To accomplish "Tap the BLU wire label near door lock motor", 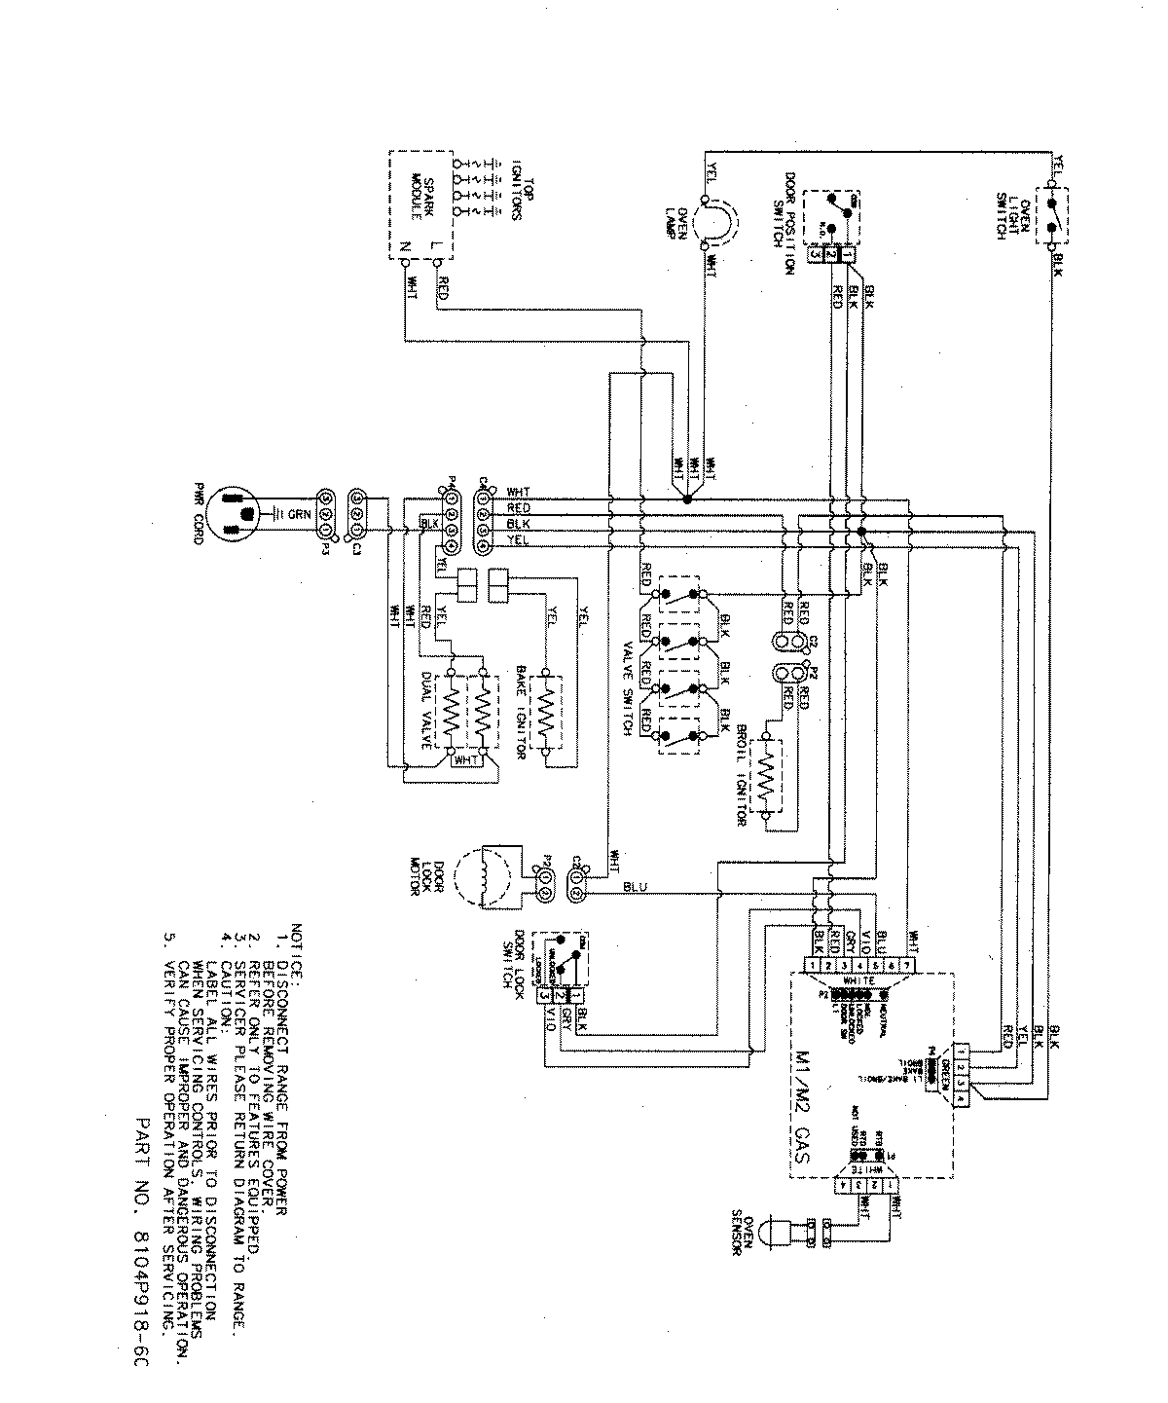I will point(631,887).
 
